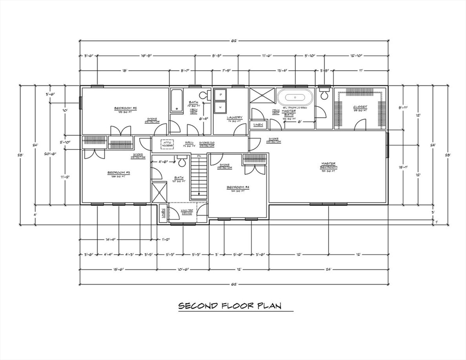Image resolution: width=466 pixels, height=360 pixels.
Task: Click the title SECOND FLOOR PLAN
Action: point(229,306)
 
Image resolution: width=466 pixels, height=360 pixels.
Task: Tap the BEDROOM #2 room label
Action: point(125,109)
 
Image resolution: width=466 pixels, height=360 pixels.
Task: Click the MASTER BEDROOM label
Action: point(328,165)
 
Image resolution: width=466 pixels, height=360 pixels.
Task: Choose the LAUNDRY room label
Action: point(234,118)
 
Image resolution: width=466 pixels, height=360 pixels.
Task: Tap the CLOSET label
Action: point(360,107)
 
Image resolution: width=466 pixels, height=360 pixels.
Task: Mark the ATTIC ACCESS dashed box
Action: point(167,143)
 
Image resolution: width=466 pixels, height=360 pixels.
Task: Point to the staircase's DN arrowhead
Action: point(199,193)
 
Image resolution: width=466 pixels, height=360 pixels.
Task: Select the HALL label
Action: point(189,142)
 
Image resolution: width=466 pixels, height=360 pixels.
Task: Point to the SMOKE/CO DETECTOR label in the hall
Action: point(207,144)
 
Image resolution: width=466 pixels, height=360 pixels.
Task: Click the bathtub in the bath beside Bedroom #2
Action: point(176,101)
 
